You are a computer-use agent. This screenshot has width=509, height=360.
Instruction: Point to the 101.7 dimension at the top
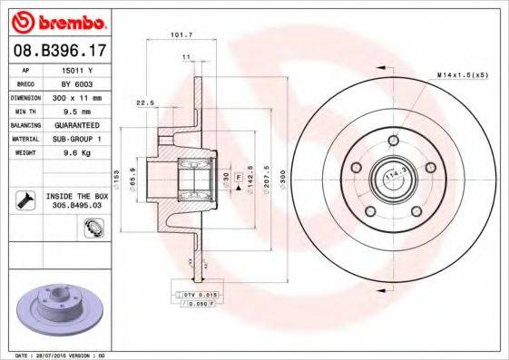click(x=181, y=37)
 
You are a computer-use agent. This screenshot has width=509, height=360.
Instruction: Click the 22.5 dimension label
click(x=143, y=102)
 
